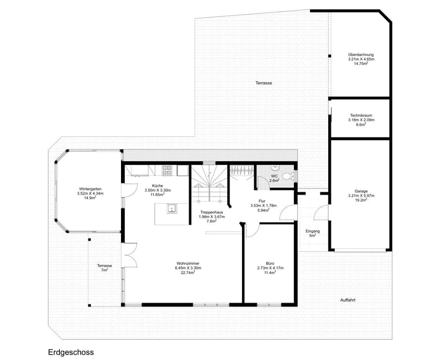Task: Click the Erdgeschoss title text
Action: [x=71, y=352]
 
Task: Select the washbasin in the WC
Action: [x=275, y=168]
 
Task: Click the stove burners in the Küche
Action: [x=167, y=170]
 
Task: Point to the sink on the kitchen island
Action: [x=172, y=209]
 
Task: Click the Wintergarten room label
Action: [x=90, y=189]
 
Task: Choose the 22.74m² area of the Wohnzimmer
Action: [x=188, y=273]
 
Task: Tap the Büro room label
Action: [x=270, y=264]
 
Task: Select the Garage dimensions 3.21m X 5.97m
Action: [x=361, y=196]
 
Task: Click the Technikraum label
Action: [x=361, y=115]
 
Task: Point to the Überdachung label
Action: [x=361, y=54]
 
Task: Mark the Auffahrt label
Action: [x=348, y=300]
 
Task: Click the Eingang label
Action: [x=312, y=231]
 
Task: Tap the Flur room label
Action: [x=262, y=201]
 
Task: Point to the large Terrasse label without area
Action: [x=264, y=83]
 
